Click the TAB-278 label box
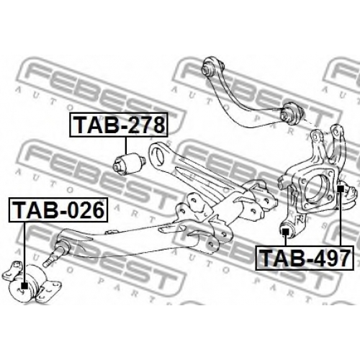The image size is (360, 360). pyautogui.click(x=119, y=125)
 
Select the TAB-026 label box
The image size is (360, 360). pyautogui.click(x=58, y=210)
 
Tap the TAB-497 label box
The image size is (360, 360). pyautogui.click(x=305, y=258)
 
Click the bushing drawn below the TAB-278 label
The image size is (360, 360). pyautogui.click(x=129, y=163)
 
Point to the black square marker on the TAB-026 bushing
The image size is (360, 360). pyautogui.click(x=24, y=286)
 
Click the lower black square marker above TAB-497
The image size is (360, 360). pyautogui.click(x=285, y=232)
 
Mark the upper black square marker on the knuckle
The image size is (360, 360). pyautogui.click(x=341, y=189)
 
